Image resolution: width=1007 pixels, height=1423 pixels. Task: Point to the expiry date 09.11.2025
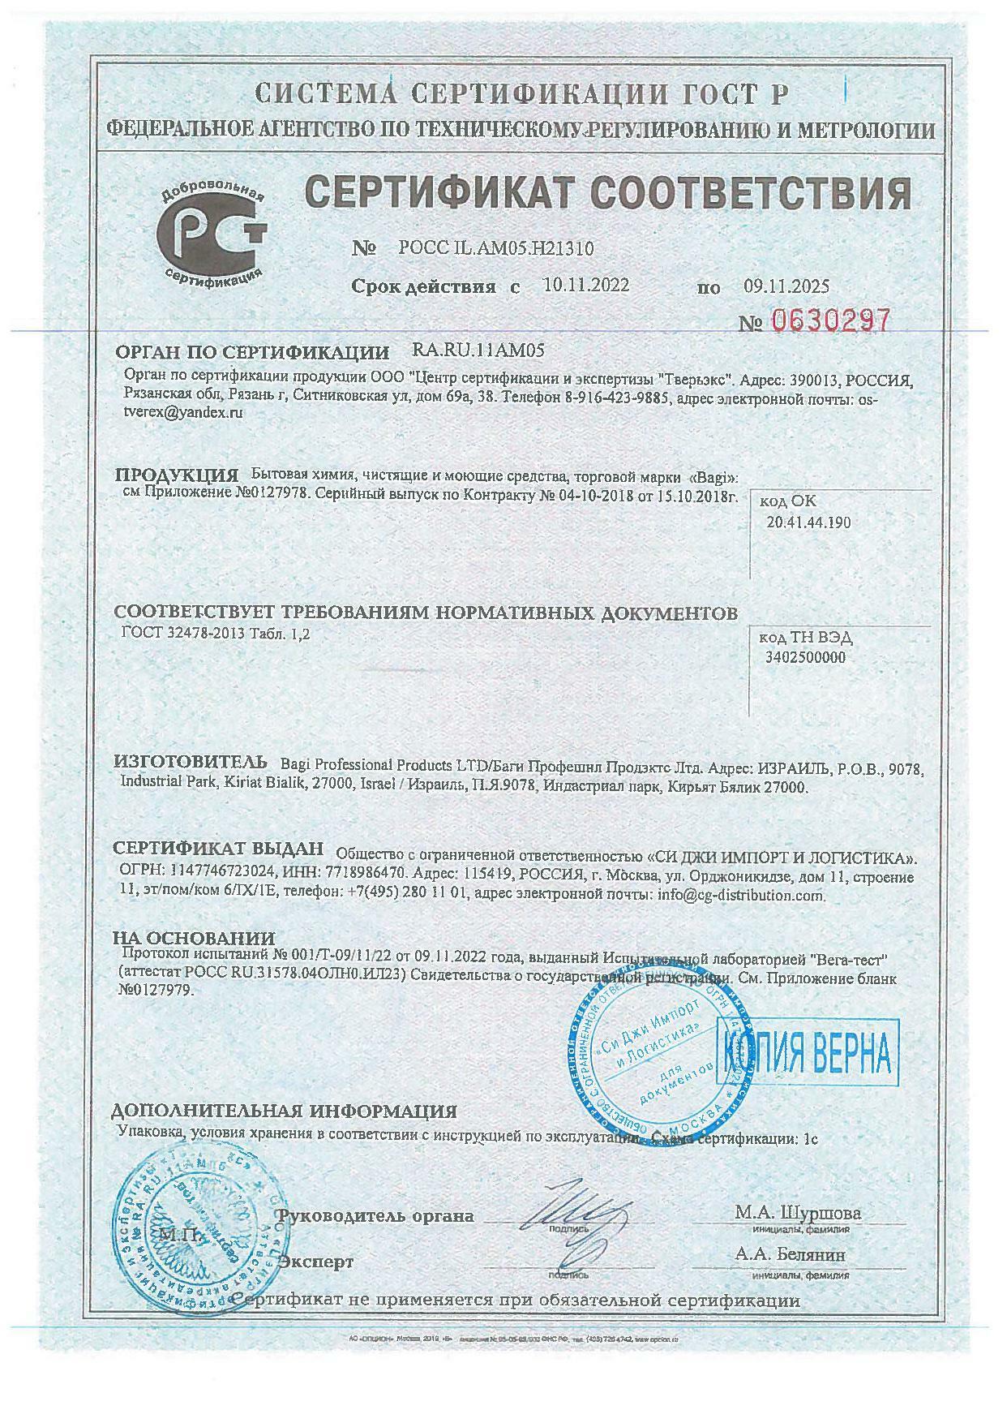(786, 286)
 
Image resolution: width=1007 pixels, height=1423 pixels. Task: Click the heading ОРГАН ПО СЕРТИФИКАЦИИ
(252, 352)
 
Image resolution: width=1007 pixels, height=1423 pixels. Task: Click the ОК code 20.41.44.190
(808, 522)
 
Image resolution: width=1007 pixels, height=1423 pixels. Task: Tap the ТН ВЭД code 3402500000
(805, 657)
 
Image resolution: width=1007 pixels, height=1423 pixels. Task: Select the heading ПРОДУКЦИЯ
(176, 475)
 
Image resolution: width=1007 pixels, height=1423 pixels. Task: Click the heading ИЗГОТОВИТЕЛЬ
(190, 762)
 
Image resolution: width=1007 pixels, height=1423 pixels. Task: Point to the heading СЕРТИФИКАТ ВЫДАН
(218, 849)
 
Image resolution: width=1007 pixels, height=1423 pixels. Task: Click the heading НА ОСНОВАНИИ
(194, 939)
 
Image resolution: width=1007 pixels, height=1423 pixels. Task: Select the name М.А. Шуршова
(798, 1214)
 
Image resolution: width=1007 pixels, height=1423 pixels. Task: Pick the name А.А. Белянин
(790, 1254)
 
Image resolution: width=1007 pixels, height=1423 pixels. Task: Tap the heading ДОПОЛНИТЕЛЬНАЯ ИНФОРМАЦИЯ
(284, 1111)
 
